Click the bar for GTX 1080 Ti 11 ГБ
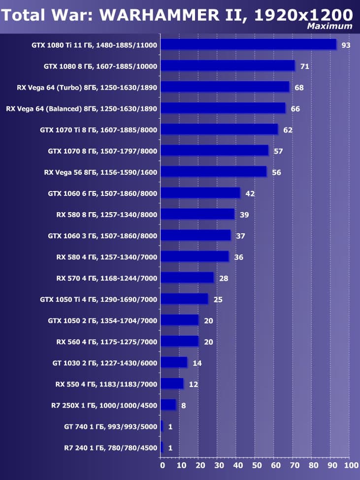(249, 45)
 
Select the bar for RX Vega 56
(214, 172)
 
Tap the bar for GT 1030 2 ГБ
(174, 363)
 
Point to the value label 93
(346, 45)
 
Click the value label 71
(304, 66)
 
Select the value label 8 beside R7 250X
(183, 405)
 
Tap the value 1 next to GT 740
(170, 426)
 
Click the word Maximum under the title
(329, 26)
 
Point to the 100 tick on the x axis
(351, 465)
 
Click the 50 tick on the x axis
(256, 465)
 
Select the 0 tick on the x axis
(162, 465)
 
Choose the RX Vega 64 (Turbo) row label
(87, 88)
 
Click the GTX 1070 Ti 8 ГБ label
(98, 130)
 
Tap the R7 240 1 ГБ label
(103, 448)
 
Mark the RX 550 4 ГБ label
(107, 384)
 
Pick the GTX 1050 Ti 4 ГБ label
(98, 299)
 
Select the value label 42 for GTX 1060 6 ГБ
(250, 193)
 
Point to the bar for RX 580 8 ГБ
(198, 214)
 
